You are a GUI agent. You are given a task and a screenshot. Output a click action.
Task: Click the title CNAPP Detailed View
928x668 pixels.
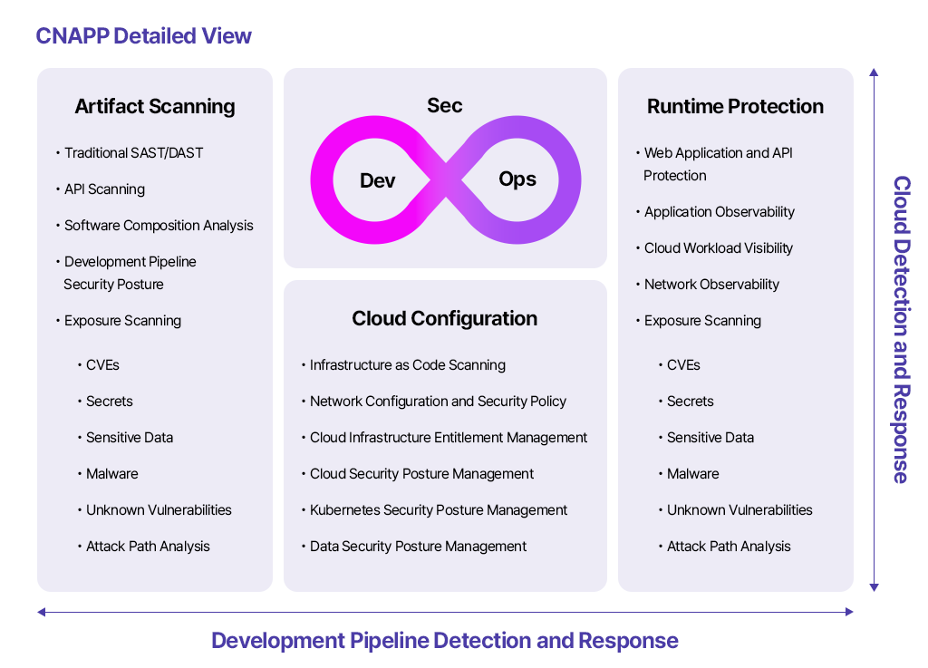(x=143, y=36)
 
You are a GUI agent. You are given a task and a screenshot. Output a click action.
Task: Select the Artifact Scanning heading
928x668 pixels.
(x=155, y=107)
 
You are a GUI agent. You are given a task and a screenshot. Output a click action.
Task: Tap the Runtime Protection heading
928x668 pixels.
(x=735, y=107)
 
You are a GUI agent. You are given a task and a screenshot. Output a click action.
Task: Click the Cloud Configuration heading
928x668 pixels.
(x=444, y=318)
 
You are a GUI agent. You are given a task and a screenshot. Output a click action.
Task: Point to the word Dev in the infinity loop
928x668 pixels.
(x=378, y=180)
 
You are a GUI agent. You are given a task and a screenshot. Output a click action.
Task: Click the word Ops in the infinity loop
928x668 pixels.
(x=517, y=179)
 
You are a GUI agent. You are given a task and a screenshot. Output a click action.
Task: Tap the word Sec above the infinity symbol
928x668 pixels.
(x=444, y=105)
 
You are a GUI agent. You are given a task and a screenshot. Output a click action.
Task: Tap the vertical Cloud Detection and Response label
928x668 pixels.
(x=902, y=329)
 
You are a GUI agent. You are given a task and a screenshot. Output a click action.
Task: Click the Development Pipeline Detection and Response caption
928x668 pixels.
(x=444, y=641)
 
